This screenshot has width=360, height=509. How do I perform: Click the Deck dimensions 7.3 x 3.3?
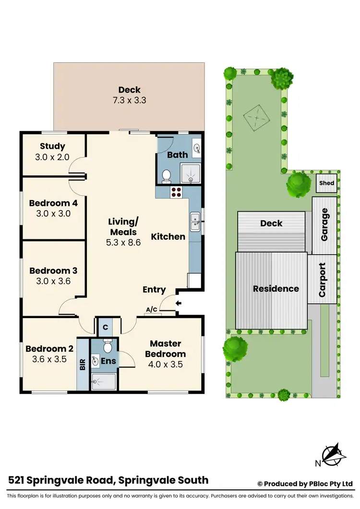[x=129, y=101]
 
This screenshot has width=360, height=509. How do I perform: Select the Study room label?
[x=53, y=146]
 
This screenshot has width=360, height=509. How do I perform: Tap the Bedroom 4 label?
[x=53, y=203]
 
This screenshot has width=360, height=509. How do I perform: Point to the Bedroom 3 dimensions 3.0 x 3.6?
[x=53, y=281]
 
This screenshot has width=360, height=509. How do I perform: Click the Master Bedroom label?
[x=166, y=349]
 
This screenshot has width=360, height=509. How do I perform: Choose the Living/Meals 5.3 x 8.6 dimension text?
[x=123, y=243]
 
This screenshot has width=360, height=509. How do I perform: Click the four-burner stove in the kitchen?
[x=176, y=192]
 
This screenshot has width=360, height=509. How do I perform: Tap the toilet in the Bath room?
[x=167, y=176]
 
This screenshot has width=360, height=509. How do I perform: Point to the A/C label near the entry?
[x=152, y=310]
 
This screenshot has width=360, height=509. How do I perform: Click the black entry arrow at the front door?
[x=180, y=303]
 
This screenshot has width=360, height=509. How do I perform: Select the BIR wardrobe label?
[x=83, y=364]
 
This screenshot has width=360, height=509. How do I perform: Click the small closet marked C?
[x=105, y=327]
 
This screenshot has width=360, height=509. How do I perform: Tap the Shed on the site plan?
[x=327, y=183]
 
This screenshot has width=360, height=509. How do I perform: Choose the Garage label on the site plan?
[x=324, y=224]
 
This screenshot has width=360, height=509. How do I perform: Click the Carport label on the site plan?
[x=323, y=280]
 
